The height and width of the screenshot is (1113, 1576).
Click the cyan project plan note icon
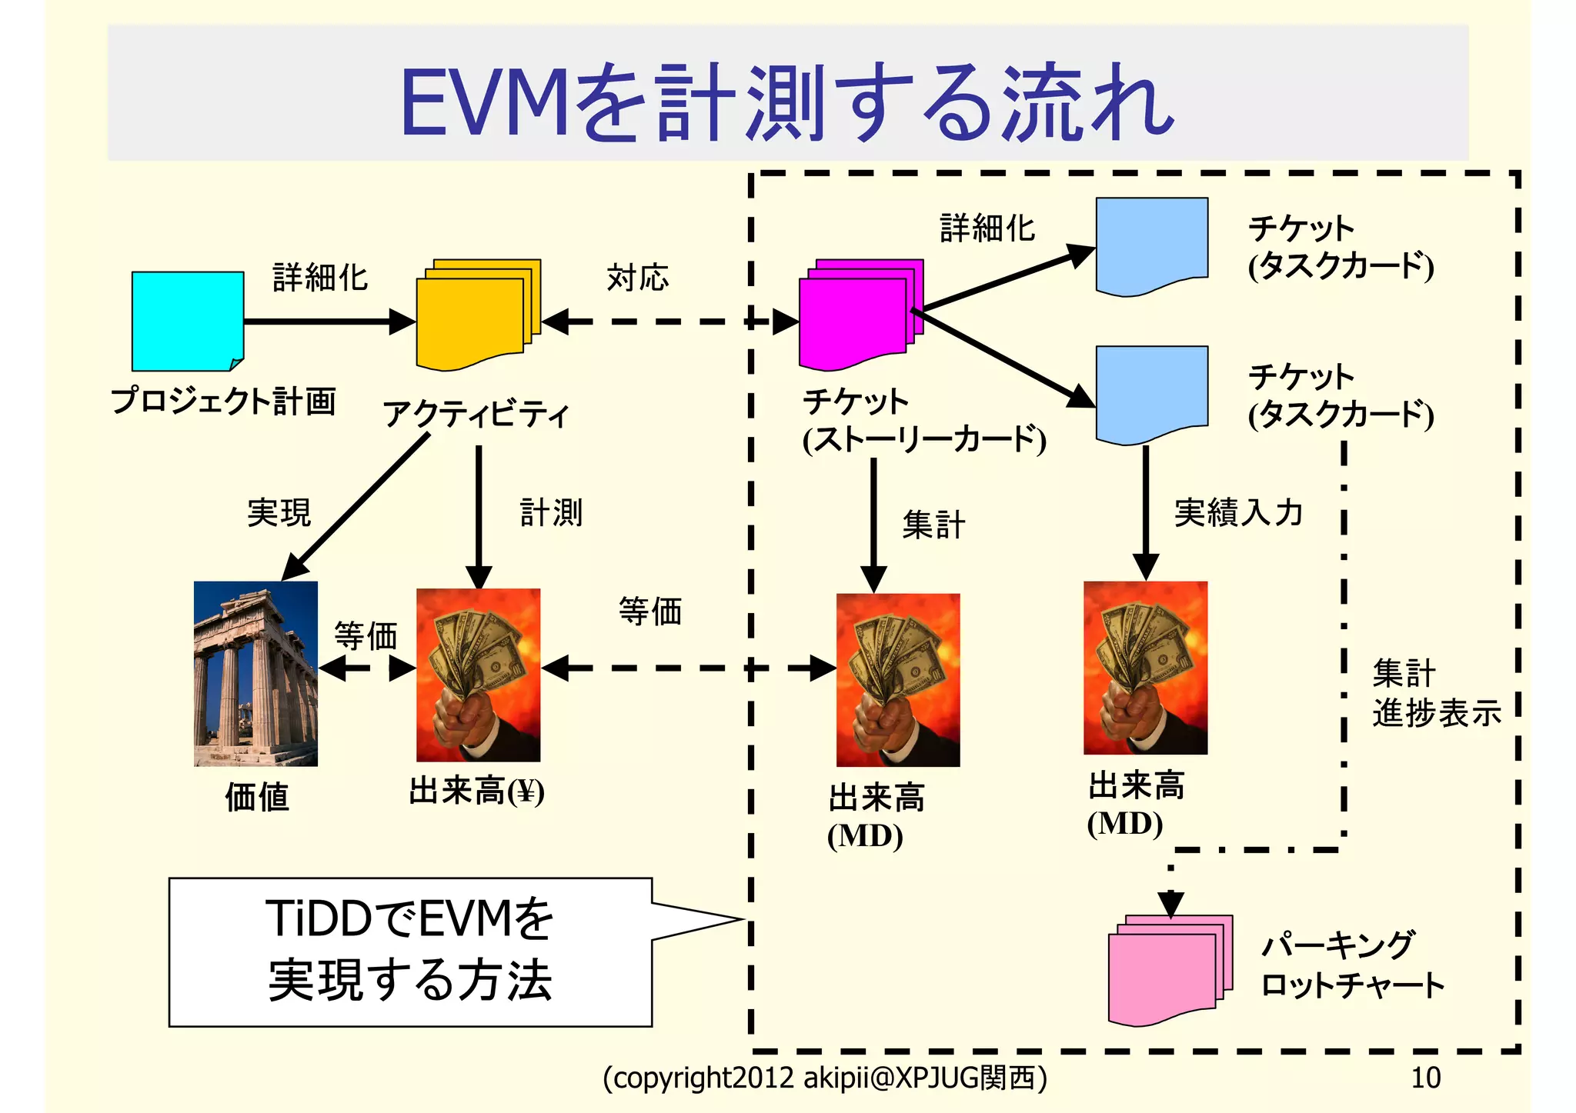click(187, 320)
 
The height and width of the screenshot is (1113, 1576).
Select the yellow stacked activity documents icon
click(476, 315)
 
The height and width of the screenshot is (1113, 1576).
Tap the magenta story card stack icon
click(860, 315)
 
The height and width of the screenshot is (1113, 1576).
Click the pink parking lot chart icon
click(1169, 971)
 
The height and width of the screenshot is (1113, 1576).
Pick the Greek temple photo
click(255, 673)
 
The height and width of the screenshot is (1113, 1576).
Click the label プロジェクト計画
click(223, 401)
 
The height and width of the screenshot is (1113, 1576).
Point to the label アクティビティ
click(476, 414)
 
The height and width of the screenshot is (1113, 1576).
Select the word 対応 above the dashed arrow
click(637, 277)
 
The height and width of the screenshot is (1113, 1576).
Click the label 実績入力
click(1238, 512)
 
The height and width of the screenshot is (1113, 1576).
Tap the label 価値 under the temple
click(256, 797)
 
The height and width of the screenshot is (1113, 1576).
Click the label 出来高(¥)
click(476, 791)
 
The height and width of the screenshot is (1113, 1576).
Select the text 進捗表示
click(1436, 713)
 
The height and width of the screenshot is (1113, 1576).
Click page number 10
click(1424, 1078)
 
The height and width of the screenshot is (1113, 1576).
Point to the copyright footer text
click(824, 1078)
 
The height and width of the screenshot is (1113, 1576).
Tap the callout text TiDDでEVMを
click(409, 918)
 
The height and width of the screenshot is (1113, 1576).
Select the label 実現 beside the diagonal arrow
click(279, 512)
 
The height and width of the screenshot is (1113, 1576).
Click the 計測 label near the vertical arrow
click(551, 512)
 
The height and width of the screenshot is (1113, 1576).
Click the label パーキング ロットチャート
click(1352, 965)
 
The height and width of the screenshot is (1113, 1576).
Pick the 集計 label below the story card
click(933, 525)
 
